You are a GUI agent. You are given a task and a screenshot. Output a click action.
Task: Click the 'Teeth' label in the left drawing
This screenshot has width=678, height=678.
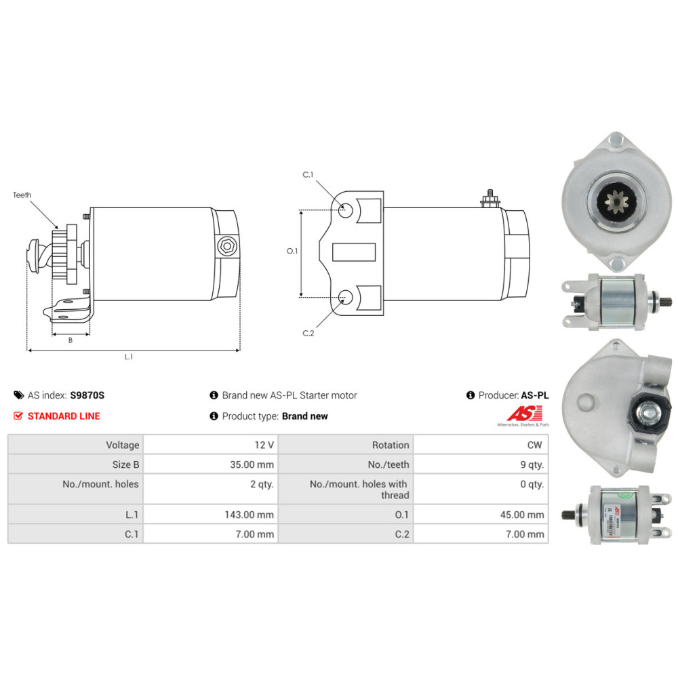pyautogui.click(x=22, y=195)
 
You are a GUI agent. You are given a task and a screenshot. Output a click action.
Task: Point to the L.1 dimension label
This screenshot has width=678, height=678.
pyautogui.click(x=128, y=357)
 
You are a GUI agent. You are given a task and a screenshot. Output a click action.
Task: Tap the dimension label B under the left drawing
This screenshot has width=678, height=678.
pyautogui.click(x=70, y=340)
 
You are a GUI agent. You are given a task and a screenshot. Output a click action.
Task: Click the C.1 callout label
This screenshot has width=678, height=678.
pyautogui.click(x=308, y=175)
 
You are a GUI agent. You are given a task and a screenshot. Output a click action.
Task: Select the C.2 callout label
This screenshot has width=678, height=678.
pyautogui.click(x=308, y=332)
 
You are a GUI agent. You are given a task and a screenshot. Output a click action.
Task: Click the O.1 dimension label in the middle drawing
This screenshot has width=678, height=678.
pyautogui.click(x=292, y=251)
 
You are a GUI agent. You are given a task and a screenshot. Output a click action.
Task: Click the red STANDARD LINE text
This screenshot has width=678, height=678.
pyautogui.click(x=64, y=416)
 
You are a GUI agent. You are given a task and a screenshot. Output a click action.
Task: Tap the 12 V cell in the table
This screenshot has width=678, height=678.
pyautogui.click(x=264, y=445)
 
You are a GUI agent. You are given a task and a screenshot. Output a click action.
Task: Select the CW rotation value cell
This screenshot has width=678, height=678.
pyautogui.click(x=535, y=445)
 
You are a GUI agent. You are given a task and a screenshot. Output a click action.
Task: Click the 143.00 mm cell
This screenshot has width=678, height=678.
pyautogui.click(x=249, y=515)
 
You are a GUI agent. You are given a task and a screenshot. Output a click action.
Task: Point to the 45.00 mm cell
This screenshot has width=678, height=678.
pyautogui.click(x=521, y=515)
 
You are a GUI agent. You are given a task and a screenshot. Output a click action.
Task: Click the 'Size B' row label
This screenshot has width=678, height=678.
pyautogui.click(x=125, y=464)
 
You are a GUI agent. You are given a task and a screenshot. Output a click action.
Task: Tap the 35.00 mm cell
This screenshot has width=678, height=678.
pyautogui.click(x=252, y=464)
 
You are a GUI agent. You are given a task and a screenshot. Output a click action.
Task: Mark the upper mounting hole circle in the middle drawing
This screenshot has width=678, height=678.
pyautogui.click(x=346, y=210)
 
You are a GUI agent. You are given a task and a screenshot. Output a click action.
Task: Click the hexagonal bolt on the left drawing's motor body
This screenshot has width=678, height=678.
pyautogui.click(x=226, y=247)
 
